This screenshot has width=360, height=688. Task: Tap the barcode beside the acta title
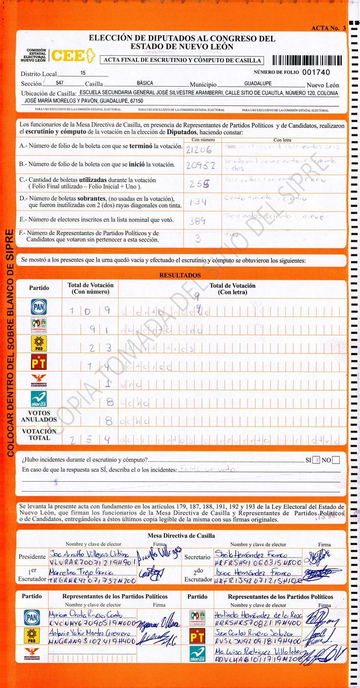307,61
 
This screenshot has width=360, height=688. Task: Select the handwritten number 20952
200,166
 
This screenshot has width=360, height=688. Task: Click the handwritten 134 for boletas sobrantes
198,202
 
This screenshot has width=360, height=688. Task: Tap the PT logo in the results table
39,362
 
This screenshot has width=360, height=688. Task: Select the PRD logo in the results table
39,344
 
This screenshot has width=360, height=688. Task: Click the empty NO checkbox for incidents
336,460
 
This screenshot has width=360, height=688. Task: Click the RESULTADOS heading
180,275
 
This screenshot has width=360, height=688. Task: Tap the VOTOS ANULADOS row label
39,417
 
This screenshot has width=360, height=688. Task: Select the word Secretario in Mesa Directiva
197,556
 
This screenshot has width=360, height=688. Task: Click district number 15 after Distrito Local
83,73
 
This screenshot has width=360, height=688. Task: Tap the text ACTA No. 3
328,29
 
